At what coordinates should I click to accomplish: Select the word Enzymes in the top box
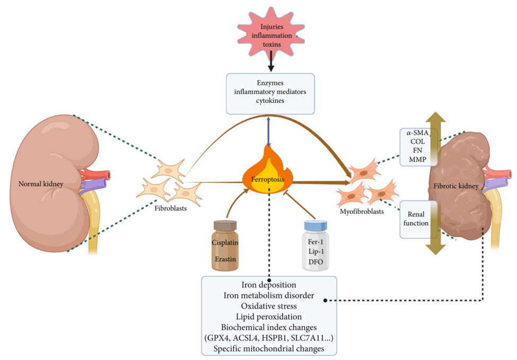tap(271, 83)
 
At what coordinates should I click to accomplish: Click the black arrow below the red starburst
tap(271, 64)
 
